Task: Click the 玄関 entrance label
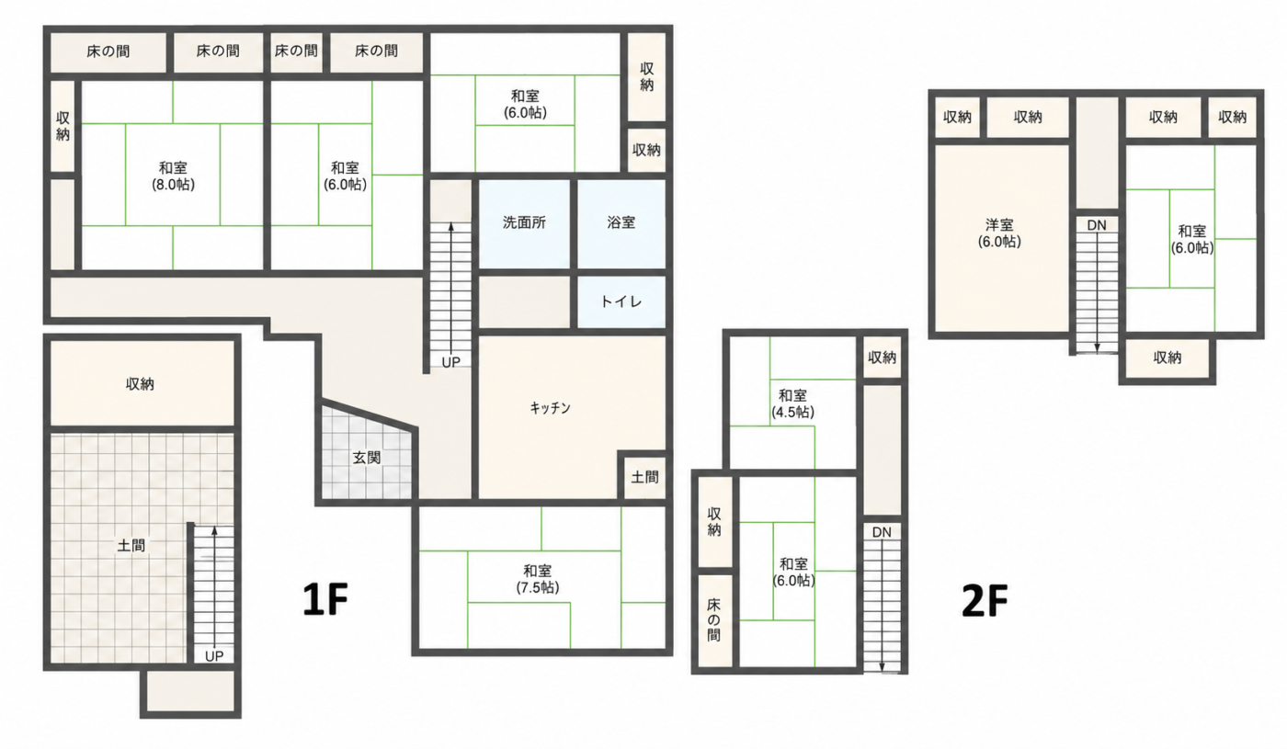tap(367, 458)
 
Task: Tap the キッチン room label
tap(551, 408)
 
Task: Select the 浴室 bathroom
tap(621, 222)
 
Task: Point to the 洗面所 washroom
tap(524, 222)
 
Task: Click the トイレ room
tap(621, 301)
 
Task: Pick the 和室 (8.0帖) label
tap(173, 176)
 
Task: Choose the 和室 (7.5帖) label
tap(537, 579)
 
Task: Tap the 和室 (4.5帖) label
tap(792, 403)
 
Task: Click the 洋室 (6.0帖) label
tap(1000, 233)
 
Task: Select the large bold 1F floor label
tap(325, 599)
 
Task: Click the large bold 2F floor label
tap(985, 601)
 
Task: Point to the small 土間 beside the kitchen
tap(644, 477)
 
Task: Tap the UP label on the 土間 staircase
tap(213, 656)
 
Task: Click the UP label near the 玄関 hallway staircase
tap(451, 362)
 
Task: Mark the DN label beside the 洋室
tap(1097, 225)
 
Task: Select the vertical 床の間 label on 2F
tap(713, 619)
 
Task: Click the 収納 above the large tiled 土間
tap(140, 384)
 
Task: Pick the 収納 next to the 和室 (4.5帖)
tap(882, 357)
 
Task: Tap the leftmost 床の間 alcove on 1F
tap(108, 51)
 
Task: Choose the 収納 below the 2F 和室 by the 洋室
tap(1167, 357)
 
